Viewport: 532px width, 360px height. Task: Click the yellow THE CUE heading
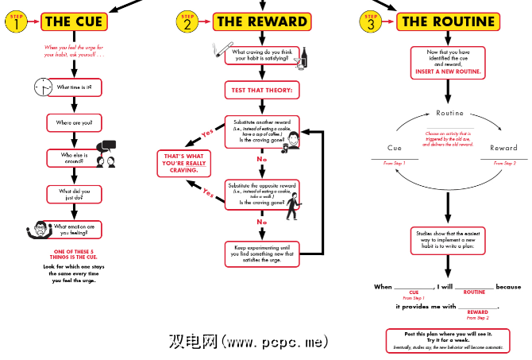pos(73,21)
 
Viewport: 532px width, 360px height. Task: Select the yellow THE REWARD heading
pos(250,21)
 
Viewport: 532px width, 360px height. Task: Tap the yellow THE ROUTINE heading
pos(449,21)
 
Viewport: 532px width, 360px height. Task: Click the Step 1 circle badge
pos(16,22)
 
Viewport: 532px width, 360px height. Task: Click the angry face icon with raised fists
pos(35,228)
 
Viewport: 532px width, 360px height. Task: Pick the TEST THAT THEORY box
pos(262,91)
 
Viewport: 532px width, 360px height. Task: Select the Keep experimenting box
pos(262,253)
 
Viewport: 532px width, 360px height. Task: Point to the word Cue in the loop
pos(394,149)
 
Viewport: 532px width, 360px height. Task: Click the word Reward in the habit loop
pos(503,149)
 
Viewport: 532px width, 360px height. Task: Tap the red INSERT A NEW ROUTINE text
pos(448,71)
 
